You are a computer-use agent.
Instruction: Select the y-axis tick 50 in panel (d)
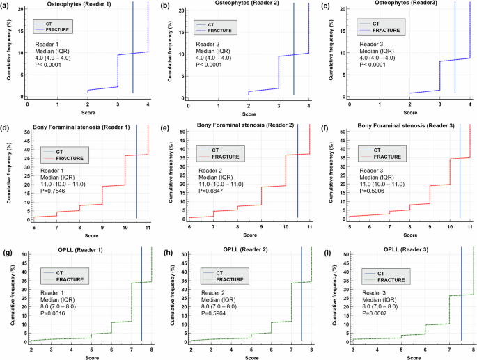point(26,131)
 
